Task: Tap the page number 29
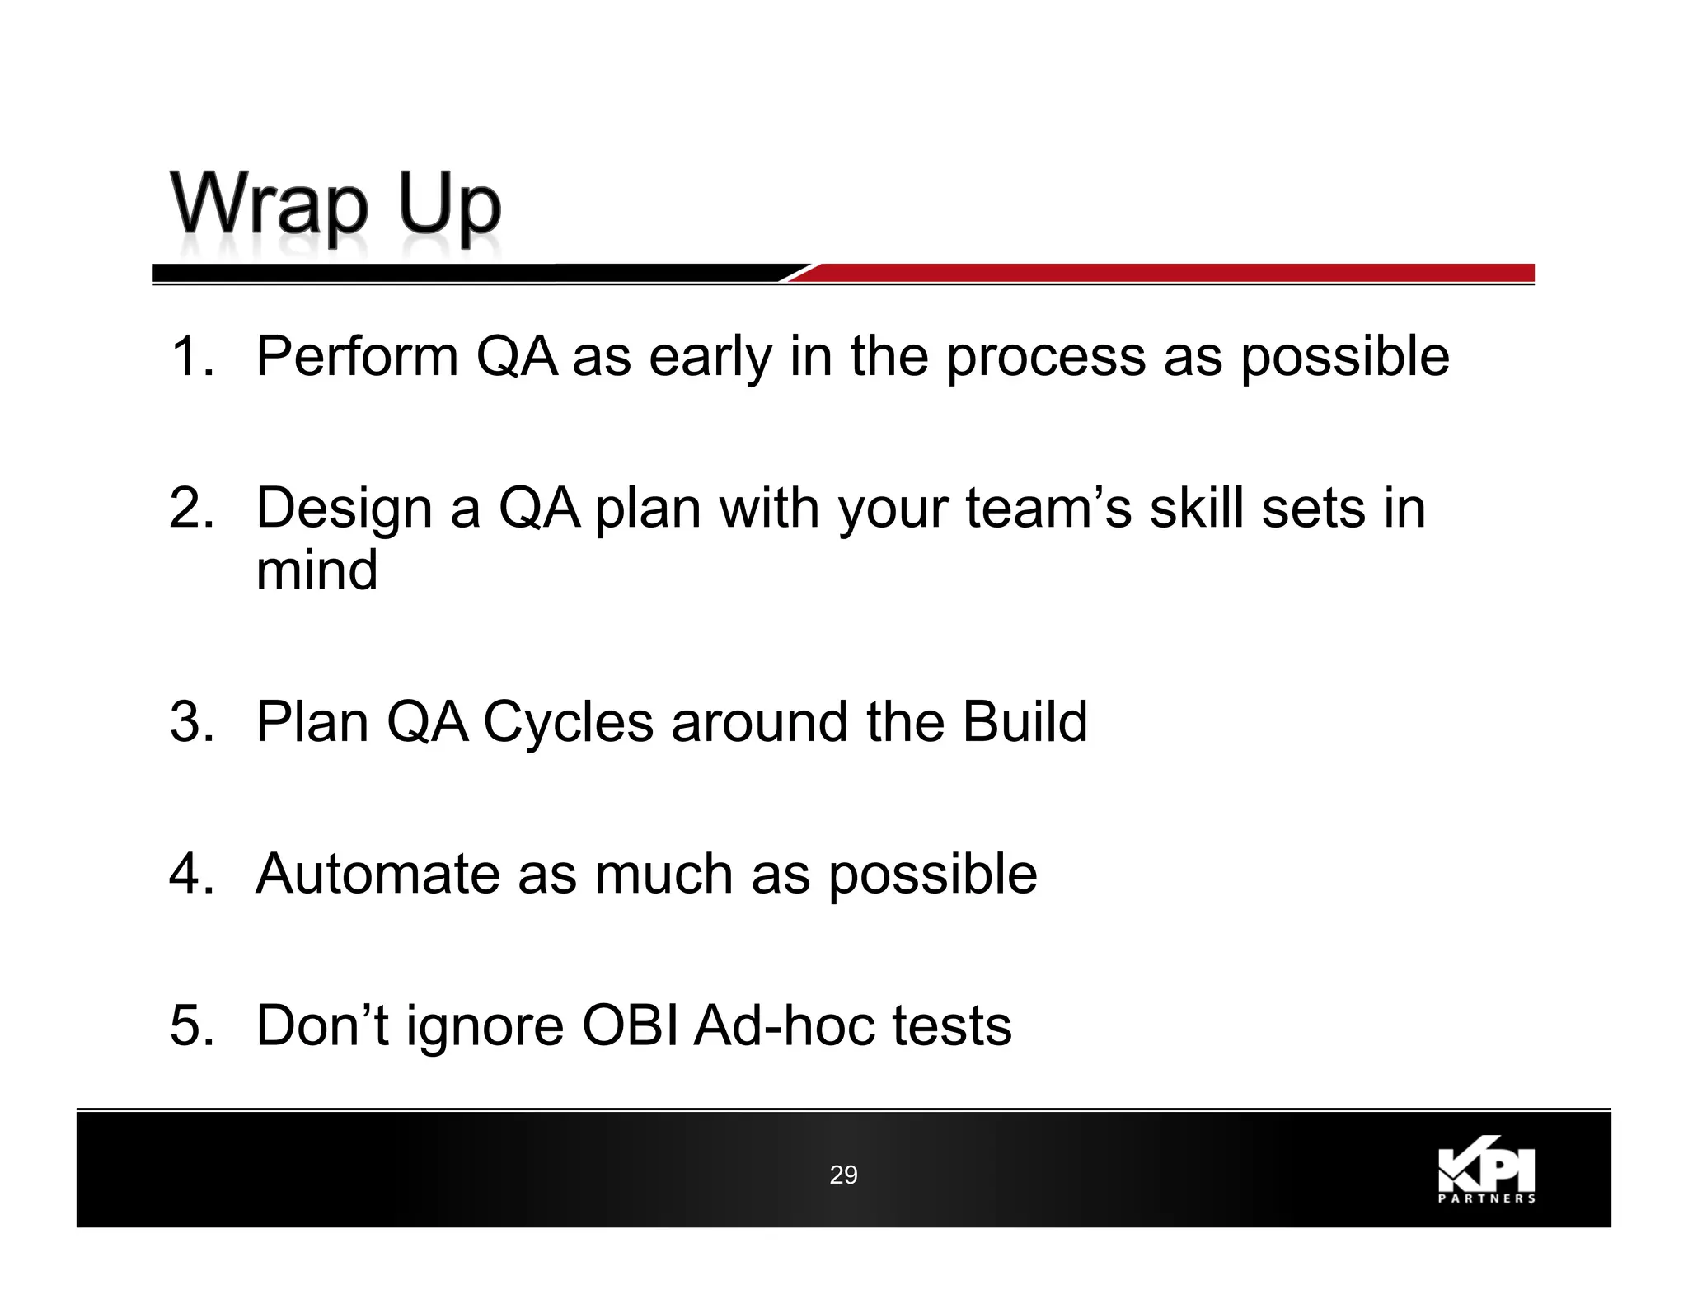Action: point(843,1175)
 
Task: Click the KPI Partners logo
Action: point(1486,1175)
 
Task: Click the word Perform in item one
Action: point(357,356)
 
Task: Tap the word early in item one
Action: point(710,358)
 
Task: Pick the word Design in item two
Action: point(344,509)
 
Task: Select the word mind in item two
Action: point(316,570)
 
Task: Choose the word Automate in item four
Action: point(377,874)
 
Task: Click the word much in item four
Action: point(663,874)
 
